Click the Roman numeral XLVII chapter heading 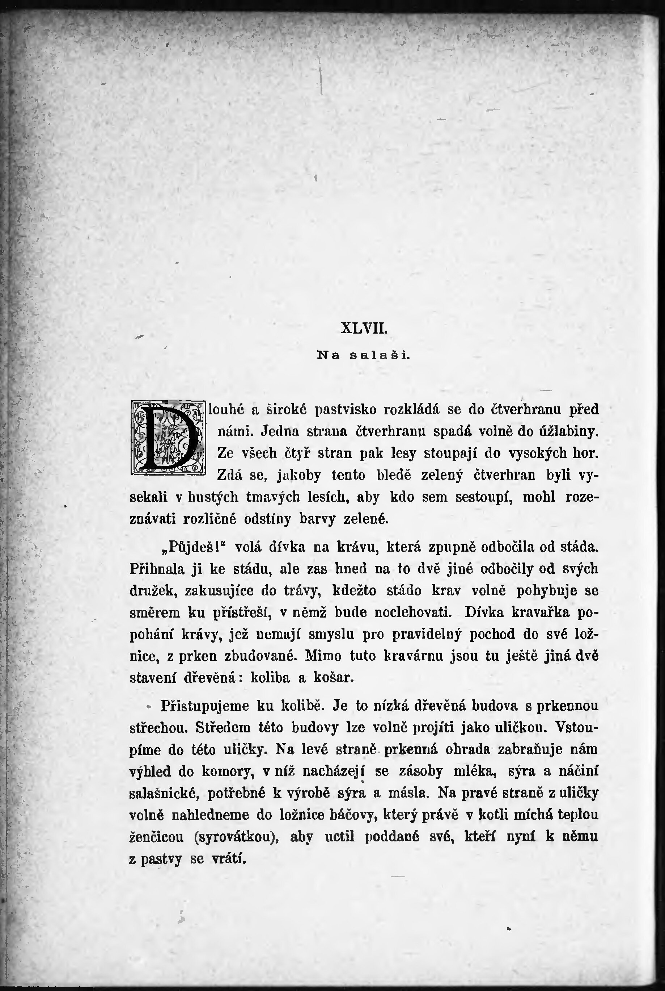point(364,328)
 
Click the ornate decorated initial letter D point(168,437)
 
